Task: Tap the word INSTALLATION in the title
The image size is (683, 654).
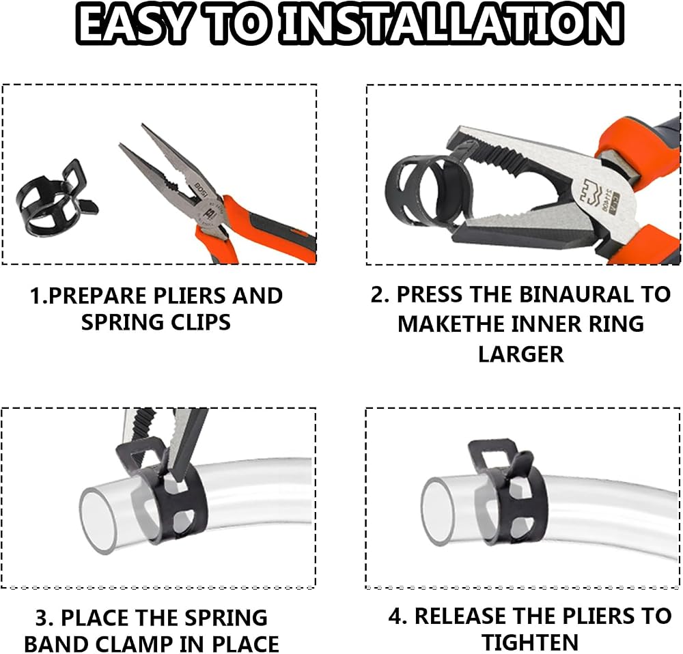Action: tap(451, 23)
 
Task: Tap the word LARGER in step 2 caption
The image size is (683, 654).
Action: tap(520, 354)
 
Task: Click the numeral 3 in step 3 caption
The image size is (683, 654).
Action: tap(42, 617)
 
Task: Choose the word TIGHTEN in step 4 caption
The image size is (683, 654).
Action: tap(530, 642)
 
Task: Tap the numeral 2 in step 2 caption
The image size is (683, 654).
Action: tap(377, 295)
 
